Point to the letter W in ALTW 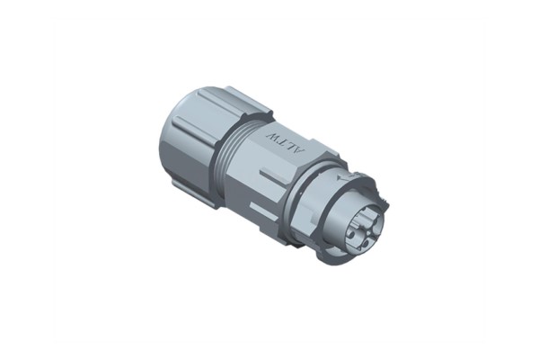[x=272, y=137]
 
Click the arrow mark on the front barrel [x=344, y=178]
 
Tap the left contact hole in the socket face [x=351, y=235]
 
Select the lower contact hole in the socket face [x=367, y=244]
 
